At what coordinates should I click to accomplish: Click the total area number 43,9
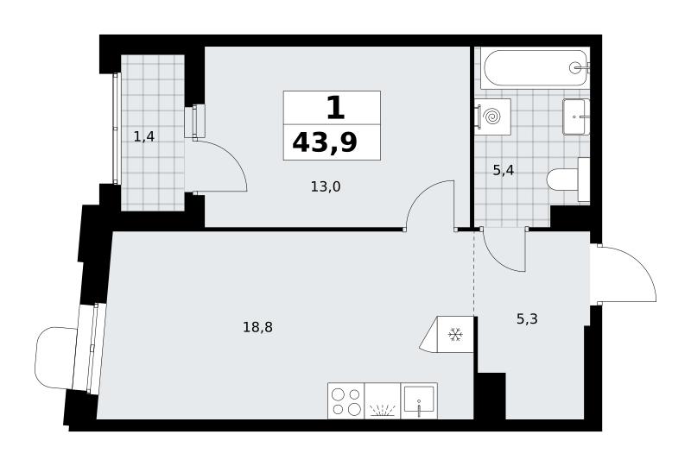pyautogui.click(x=325, y=142)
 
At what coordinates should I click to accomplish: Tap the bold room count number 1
pyautogui.click(x=335, y=108)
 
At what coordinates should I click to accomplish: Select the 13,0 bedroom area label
pyautogui.click(x=326, y=187)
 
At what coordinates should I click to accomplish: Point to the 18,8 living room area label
pyautogui.click(x=257, y=327)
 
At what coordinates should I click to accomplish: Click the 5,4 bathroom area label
pyautogui.click(x=504, y=170)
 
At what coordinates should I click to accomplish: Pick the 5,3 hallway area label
pyautogui.click(x=527, y=318)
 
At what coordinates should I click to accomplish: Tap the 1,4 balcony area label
pyautogui.click(x=144, y=137)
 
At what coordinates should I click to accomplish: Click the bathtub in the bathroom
pyautogui.click(x=536, y=67)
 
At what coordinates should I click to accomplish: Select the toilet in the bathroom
pyautogui.click(x=568, y=179)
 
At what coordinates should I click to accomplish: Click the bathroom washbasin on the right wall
pyautogui.click(x=576, y=116)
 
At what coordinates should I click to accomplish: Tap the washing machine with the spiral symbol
pyautogui.click(x=492, y=116)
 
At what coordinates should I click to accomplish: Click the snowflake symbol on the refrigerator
pyautogui.click(x=455, y=335)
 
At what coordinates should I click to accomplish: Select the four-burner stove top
pyautogui.click(x=346, y=400)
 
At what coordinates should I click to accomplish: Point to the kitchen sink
pyautogui.click(x=419, y=400)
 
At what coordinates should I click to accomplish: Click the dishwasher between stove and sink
pyautogui.click(x=383, y=400)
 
